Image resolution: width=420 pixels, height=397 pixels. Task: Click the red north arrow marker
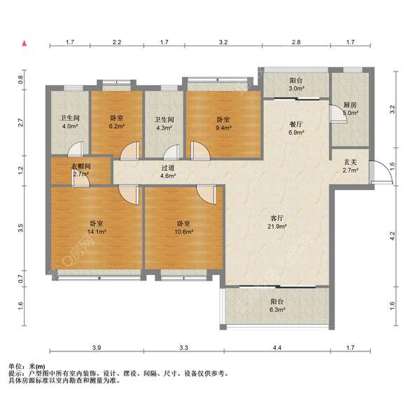[x=24, y=43]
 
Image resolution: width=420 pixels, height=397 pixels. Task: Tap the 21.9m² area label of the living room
[x=277, y=227]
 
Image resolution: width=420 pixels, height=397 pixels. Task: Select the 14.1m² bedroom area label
[x=97, y=231]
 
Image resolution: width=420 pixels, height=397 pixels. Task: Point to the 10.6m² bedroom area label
[x=184, y=231]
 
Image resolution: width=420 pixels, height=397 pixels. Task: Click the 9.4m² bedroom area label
[x=223, y=128]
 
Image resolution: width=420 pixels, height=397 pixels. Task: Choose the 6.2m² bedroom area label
[x=116, y=126]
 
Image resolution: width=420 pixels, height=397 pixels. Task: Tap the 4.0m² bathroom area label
[x=70, y=126]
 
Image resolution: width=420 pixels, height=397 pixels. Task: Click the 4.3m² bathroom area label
[x=164, y=128]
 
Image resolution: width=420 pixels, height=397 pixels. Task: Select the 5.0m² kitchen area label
[x=351, y=113]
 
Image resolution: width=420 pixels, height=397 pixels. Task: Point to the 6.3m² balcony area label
[x=277, y=309]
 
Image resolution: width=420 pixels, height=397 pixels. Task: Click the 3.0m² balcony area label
[x=296, y=88]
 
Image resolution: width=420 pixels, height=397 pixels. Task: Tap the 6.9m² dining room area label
[x=296, y=133]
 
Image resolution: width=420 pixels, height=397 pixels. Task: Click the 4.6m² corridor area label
[x=168, y=176]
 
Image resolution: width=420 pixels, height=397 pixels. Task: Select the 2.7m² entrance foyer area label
[x=351, y=170]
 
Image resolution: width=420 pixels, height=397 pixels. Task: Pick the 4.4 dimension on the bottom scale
[x=277, y=348]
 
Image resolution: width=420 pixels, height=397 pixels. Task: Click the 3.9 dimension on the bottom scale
[x=97, y=348]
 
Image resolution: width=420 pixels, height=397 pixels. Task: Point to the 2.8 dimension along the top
[x=296, y=42]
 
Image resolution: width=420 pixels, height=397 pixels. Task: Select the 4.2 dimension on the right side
[x=393, y=236]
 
